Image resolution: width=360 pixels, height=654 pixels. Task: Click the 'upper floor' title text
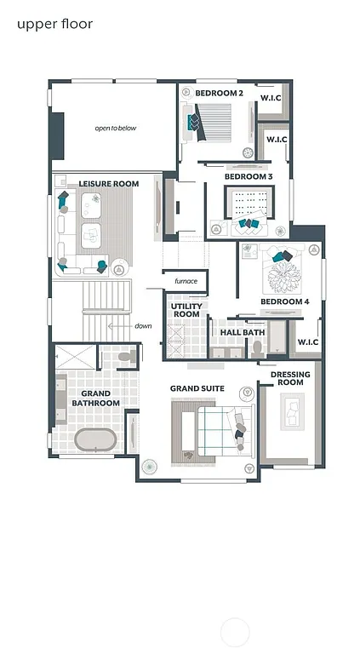pyautogui.click(x=54, y=24)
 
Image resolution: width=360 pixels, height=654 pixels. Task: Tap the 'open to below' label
pyautogui.click(x=115, y=129)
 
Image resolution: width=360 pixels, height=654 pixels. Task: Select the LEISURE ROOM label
pyautogui.click(x=109, y=184)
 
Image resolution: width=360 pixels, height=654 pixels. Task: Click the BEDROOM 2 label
pyautogui.click(x=220, y=93)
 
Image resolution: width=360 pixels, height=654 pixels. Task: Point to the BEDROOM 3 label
pyautogui.click(x=249, y=177)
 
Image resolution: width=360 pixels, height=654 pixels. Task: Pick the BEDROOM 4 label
pyautogui.click(x=284, y=302)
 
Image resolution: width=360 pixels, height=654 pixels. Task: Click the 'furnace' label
pyautogui.click(x=186, y=281)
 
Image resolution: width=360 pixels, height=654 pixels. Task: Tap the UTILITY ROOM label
pyautogui.click(x=186, y=310)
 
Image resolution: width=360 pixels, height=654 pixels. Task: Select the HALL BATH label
pyautogui.click(x=243, y=333)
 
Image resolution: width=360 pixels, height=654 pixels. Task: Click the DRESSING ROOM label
pyautogui.click(x=290, y=379)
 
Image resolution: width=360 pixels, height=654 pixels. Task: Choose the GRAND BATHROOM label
pyautogui.click(x=95, y=398)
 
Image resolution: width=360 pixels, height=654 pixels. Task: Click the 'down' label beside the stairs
pyautogui.click(x=143, y=326)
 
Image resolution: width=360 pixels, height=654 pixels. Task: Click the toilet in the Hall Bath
pyautogui.click(x=257, y=347)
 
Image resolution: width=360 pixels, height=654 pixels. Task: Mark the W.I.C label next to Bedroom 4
pyautogui.click(x=308, y=343)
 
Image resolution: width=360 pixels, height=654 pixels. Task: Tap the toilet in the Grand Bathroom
pyautogui.click(x=125, y=360)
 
